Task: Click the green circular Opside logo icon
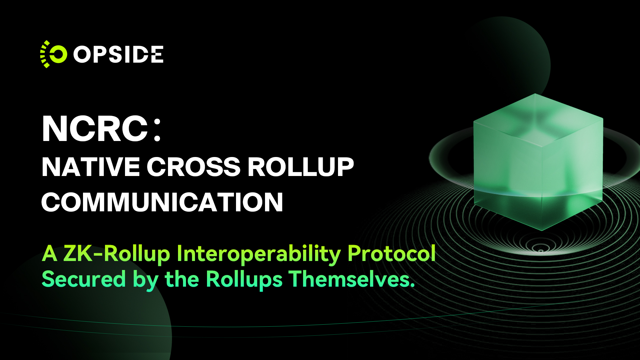(54, 54)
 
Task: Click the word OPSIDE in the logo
(118, 54)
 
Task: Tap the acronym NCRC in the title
(95, 129)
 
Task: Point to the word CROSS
(193, 167)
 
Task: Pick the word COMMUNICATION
(162, 202)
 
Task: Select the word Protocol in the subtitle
(392, 253)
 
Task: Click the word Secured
(84, 279)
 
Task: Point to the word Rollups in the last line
(244, 280)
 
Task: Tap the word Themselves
(352, 279)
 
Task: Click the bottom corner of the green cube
(542, 230)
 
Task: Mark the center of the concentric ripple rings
(541, 250)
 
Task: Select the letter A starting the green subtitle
(50, 254)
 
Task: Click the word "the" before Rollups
(182, 279)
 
